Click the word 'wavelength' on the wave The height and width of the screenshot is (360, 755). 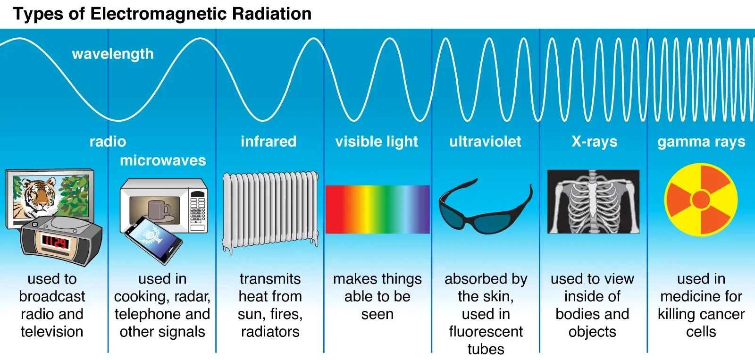(x=113, y=54)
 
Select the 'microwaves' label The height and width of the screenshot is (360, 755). (x=163, y=160)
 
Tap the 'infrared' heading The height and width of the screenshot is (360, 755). (x=268, y=141)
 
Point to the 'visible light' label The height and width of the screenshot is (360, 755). (x=377, y=142)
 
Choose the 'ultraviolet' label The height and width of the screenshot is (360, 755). (x=485, y=141)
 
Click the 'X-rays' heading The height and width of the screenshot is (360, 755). (x=595, y=142)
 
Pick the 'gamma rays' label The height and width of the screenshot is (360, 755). (x=701, y=142)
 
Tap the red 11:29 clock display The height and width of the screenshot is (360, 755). (x=56, y=242)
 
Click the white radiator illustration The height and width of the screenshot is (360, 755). (x=270, y=211)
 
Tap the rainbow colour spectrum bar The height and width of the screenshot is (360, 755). (x=377, y=209)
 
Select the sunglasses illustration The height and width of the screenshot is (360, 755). (x=486, y=206)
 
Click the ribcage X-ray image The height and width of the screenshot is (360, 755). (x=593, y=201)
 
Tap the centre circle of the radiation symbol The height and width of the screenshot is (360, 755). (x=701, y=200)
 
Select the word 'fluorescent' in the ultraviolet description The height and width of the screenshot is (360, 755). (x=486, y=332)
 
